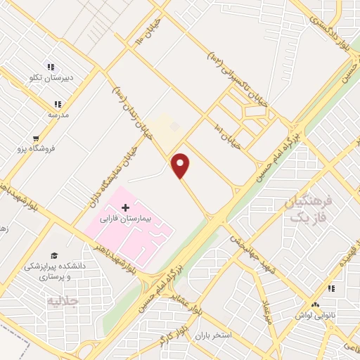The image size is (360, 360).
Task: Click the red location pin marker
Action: pyautogui.click(x=181, y=165)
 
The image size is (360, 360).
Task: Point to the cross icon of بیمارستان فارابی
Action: pyautogui.click(x=126, y=207)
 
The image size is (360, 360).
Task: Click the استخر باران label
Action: pyautogui.click(x=214, y=335)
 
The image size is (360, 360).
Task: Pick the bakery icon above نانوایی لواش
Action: pyautogui.click(x=316, y=304)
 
